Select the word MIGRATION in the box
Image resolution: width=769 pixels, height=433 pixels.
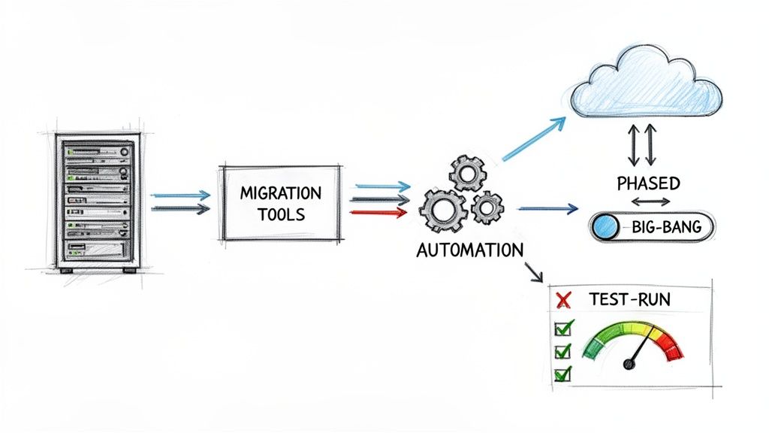pyautogui.click(x=279, y=192)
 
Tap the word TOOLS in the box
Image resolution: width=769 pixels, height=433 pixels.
pyautogui.click(x=279, y=214)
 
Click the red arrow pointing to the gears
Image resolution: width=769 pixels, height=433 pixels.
pyautogui.click(x=380, y=213)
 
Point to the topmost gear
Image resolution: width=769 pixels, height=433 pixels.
pyautogui.click(x=467, y=172)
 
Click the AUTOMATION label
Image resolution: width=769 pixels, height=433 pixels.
pyautogui.click(x=469, y=250)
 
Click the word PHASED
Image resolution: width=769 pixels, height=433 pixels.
pyautogui.click(x=648, y=183)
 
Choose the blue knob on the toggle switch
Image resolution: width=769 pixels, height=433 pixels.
pyautogui.click(x=605, y=226)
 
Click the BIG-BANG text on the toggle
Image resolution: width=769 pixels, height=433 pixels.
pyautogui.click(x=666, y=226)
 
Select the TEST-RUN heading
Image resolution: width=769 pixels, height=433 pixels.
pyautogui.click(x=630, y=299)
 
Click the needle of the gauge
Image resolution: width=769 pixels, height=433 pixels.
pyautogui.click(x=637, y=352)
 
